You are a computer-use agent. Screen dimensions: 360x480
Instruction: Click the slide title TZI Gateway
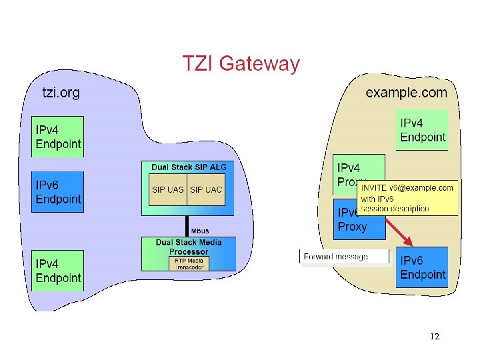(x=241, y=64)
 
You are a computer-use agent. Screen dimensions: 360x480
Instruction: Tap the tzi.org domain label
(x=61, y=93)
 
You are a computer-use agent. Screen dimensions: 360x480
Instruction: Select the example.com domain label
(x=405, y=93)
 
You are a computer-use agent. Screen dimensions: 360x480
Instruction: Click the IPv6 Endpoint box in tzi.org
(x=58, y=192)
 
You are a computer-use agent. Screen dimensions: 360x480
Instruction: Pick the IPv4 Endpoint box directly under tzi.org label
(x=58, y=137)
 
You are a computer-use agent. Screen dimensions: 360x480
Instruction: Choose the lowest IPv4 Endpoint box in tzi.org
(x=58, y=271)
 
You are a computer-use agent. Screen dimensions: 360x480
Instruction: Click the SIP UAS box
(x=167, y=190)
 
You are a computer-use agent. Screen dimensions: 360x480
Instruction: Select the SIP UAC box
(x=206, y=190)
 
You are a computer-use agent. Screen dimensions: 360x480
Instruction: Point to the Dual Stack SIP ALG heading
(x=189, y=167)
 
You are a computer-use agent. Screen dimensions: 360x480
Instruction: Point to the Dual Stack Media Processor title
(x=189, y=247)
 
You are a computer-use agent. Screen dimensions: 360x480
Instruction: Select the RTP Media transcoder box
(x=189, y=263)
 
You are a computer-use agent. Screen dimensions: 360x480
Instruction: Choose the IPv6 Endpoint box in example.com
(x=422, y=267)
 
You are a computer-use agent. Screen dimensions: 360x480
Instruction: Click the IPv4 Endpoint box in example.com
(x=422, y=130)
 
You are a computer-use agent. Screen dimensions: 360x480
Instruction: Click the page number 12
(x=435, y=337)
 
